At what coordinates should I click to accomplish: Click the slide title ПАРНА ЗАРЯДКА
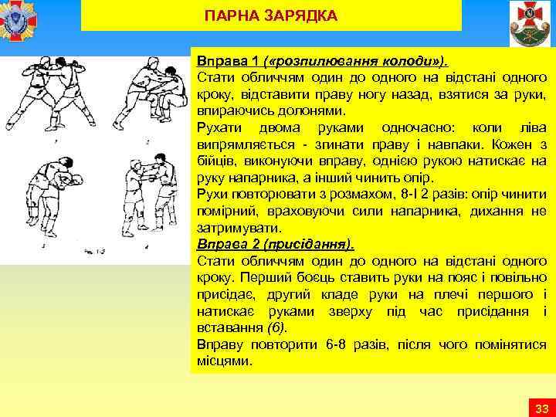coord(271,15)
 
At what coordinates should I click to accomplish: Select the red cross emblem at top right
coord(530,23)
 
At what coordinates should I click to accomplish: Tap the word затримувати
coord(229,229)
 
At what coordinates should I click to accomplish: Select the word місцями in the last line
coord(220,361)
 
